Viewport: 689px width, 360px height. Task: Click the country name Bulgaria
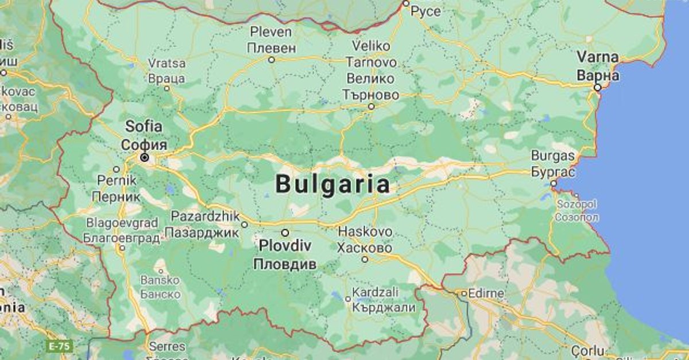(332, 185)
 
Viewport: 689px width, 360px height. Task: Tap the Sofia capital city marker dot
(145, 157)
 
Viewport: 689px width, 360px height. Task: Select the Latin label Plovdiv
(285, 246)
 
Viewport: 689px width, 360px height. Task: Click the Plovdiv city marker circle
(285, 233)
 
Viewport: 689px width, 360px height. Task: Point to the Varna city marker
(598, 88)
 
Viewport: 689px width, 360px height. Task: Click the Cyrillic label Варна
(598, 75)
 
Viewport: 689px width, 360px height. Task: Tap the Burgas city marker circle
(553, 184)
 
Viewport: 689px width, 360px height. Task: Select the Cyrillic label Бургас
(553, 171)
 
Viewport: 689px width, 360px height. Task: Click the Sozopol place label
(576, 205)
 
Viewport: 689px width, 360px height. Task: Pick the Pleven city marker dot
(272, 59)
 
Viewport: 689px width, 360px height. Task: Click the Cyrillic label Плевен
(272, 47)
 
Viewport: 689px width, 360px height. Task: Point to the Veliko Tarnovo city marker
(371, 106)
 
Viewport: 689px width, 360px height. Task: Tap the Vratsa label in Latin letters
(167, 63)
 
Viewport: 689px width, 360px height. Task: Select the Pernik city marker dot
(117, 169)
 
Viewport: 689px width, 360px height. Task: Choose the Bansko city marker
(161, 270)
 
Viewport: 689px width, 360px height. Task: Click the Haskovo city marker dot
(365, 259)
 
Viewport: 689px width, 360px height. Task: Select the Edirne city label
(486, 293)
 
